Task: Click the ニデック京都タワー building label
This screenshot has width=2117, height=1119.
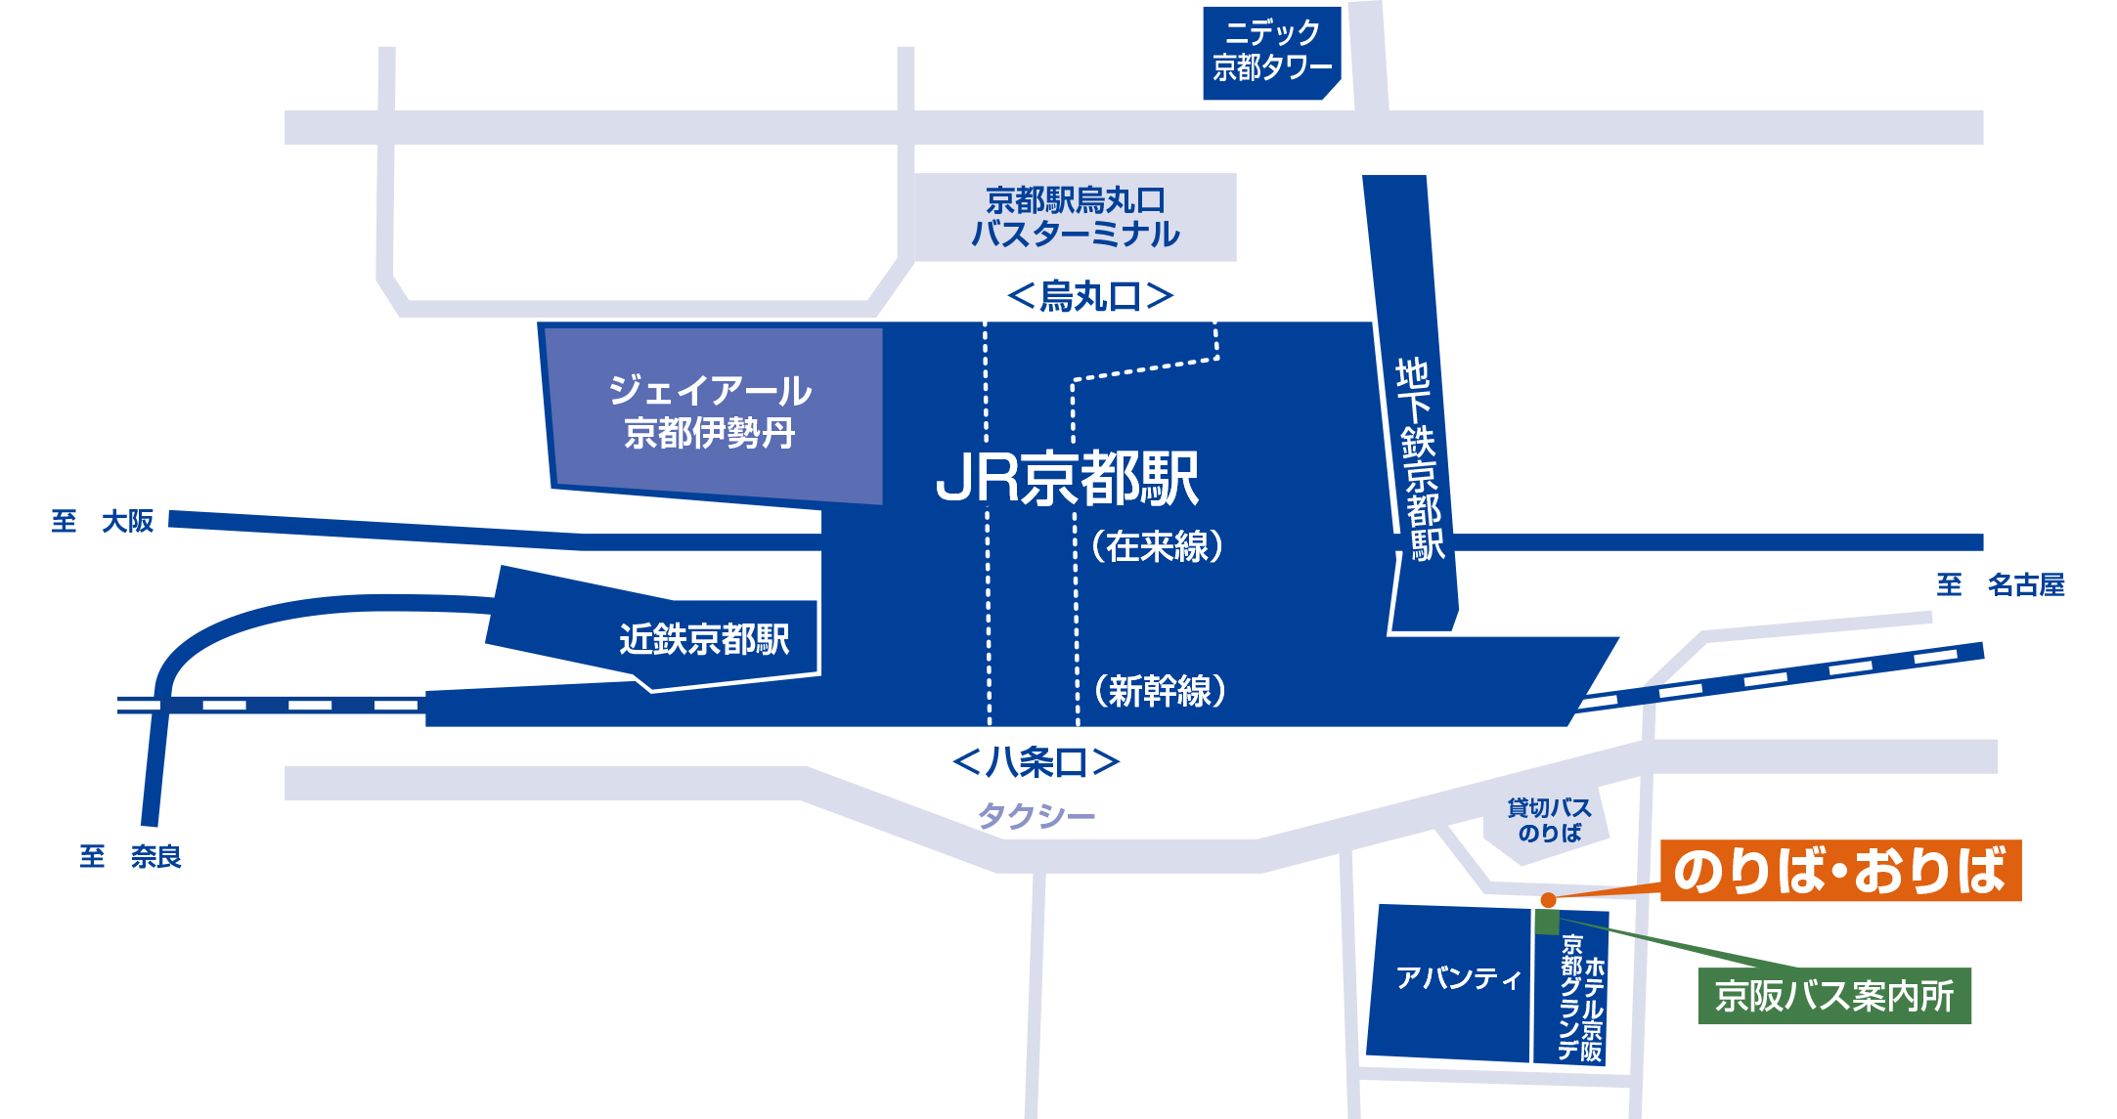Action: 1271,51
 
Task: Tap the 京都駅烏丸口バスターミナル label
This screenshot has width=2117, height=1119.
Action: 1076,218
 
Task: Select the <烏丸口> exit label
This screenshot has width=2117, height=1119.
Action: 1089,295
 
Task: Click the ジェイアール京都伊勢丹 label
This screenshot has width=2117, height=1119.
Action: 710,411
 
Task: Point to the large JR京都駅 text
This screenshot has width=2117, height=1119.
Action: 1067,478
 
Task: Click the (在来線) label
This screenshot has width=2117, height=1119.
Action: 1158,546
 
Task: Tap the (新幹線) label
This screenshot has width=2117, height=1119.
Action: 1160,691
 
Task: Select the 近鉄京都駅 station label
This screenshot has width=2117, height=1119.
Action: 704,640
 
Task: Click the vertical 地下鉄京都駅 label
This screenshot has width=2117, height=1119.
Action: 1420,459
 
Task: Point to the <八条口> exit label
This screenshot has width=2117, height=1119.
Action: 1036,762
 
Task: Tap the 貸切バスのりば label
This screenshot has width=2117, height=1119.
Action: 1550,821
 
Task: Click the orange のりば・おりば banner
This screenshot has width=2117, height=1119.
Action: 1840,871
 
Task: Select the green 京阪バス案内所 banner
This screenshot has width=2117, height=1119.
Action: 1834,996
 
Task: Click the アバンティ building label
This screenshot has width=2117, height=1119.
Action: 1458,978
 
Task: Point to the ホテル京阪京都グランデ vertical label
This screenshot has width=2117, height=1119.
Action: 1582,997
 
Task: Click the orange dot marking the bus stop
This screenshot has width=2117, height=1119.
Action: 1548,900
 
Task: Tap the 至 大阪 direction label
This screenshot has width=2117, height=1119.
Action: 103,521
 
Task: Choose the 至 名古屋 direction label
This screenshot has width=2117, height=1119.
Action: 2001,585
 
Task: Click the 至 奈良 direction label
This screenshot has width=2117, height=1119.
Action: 131,857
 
